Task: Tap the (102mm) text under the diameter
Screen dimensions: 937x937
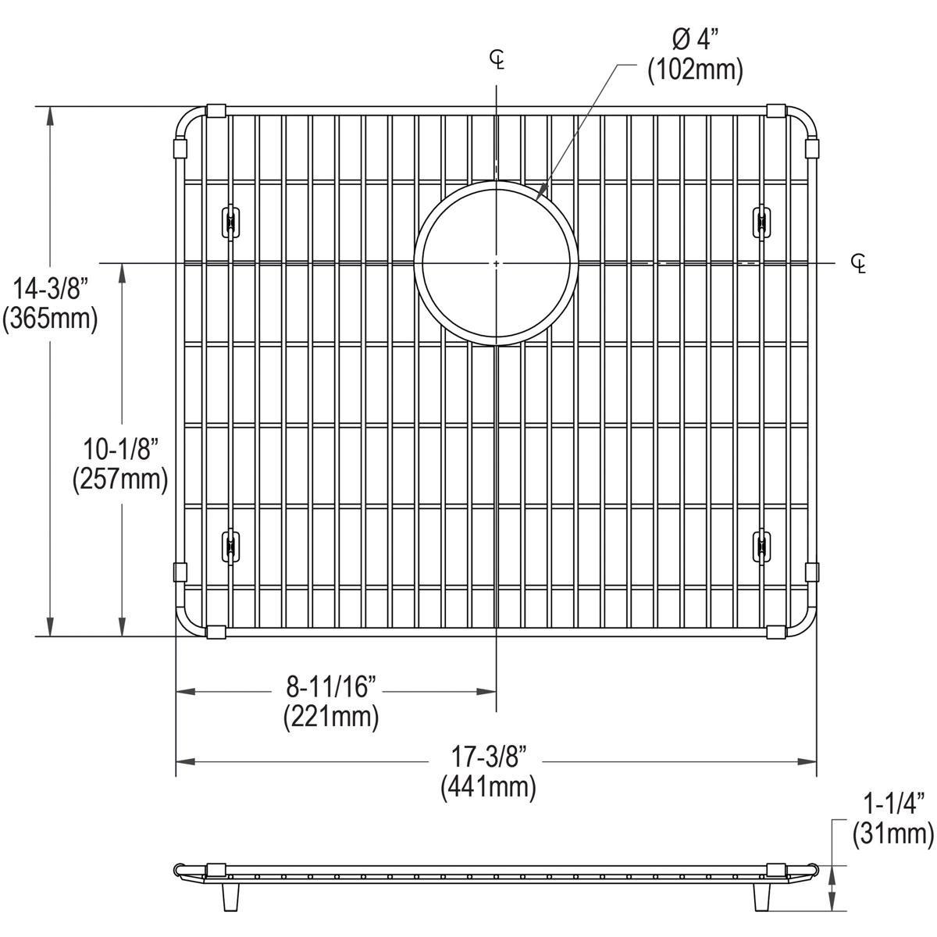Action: tap(694, 71)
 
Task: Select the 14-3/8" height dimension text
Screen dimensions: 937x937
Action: tap(50, 291)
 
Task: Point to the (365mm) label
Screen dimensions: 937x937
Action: tap(50, 319)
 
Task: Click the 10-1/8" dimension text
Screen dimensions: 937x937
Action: tap(121, 451)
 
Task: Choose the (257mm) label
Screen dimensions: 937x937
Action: tap(121, 479)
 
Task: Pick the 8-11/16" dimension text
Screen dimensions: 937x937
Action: tap(331, 688)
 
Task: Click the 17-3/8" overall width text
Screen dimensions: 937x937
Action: tap(489, 757)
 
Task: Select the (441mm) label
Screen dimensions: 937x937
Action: tap(489, 786)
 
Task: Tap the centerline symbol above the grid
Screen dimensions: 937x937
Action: tap(497, 59)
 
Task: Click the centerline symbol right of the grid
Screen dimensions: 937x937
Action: tap(859, 263)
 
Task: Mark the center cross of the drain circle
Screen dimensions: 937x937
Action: tap(497, 264)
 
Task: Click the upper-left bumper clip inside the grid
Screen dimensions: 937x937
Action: tap(230, 222)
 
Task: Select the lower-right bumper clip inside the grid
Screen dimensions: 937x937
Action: tap(761, 544)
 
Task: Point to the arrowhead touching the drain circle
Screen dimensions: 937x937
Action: tap(541, 191)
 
